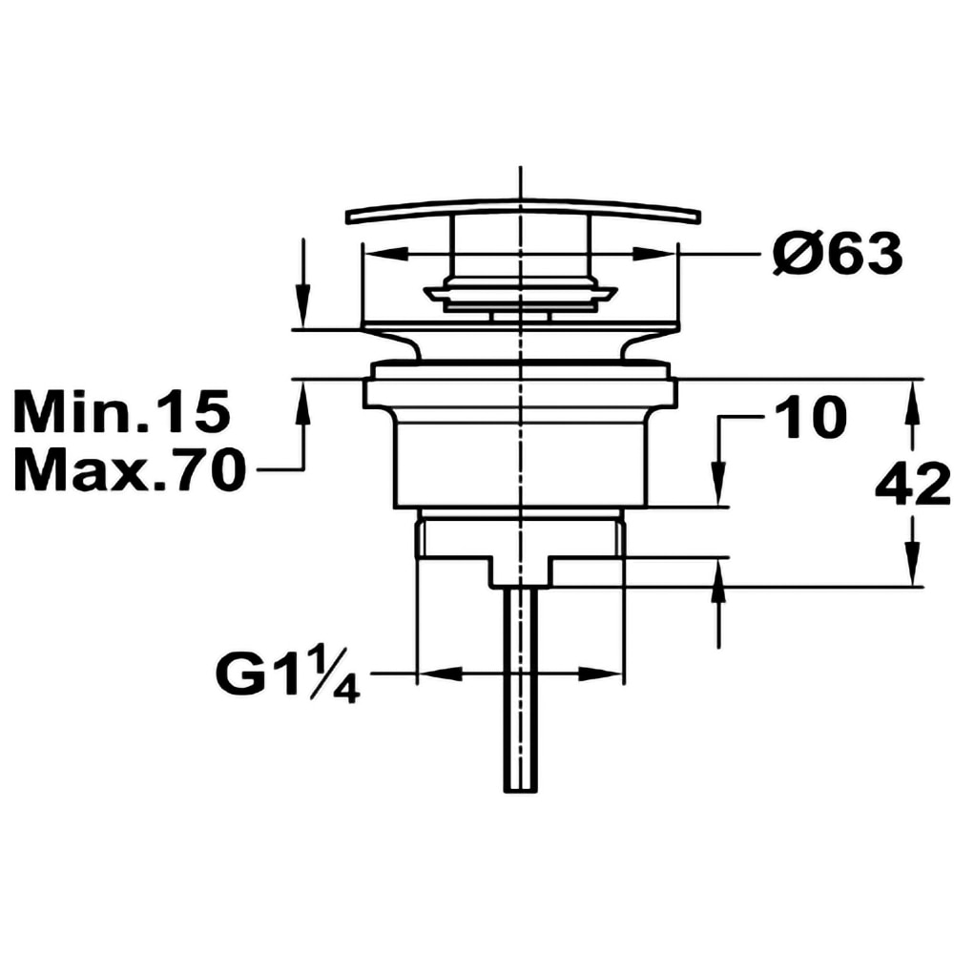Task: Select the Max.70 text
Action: [x=130, y=470]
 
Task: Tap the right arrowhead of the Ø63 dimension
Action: [x=654, y=254]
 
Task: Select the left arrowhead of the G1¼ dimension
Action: [x=440, y=673]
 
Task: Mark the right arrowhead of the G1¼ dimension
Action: [x=600, y=674]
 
